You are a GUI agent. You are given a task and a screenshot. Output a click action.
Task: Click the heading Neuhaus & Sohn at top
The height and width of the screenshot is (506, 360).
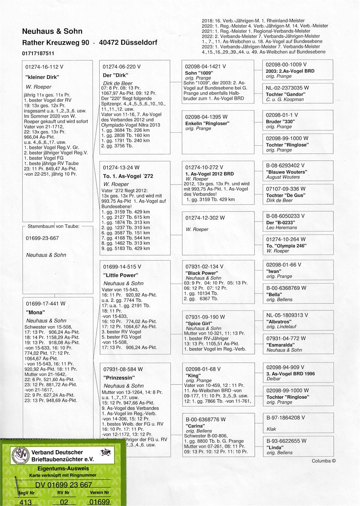pyautogui.click(x=52, y=32)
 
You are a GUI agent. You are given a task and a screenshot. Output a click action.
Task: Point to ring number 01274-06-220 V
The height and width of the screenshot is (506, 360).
pyautogui.click(x=122, y=66)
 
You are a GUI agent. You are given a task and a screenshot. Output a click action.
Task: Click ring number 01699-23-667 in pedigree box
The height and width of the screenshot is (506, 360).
pyautogui.click(x=43, y=238)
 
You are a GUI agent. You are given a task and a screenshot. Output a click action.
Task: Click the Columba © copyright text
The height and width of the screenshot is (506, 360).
pyautogui.click(x=324, y=461)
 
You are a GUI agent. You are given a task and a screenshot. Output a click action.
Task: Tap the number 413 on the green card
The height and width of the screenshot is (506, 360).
pyautogui.click(x=26, y=502)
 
